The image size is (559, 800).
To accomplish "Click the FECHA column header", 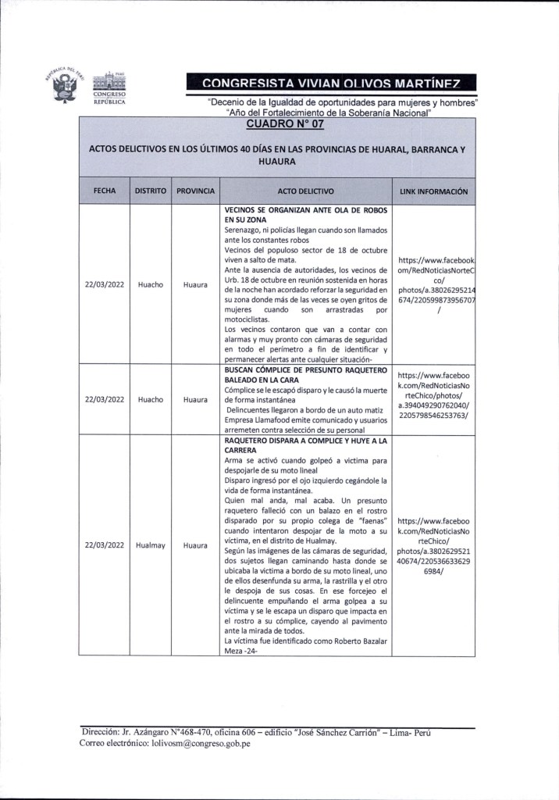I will [105, 191].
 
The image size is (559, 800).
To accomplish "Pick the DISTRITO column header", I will [150, 191].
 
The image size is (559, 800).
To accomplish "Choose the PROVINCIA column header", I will [195, 191].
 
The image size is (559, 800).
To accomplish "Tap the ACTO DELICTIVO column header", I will [305, 191].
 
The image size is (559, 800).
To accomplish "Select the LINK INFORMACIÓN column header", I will [433, 191].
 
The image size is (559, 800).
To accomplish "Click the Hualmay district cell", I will [150, 545].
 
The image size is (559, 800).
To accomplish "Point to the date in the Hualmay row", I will [105, 545].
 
